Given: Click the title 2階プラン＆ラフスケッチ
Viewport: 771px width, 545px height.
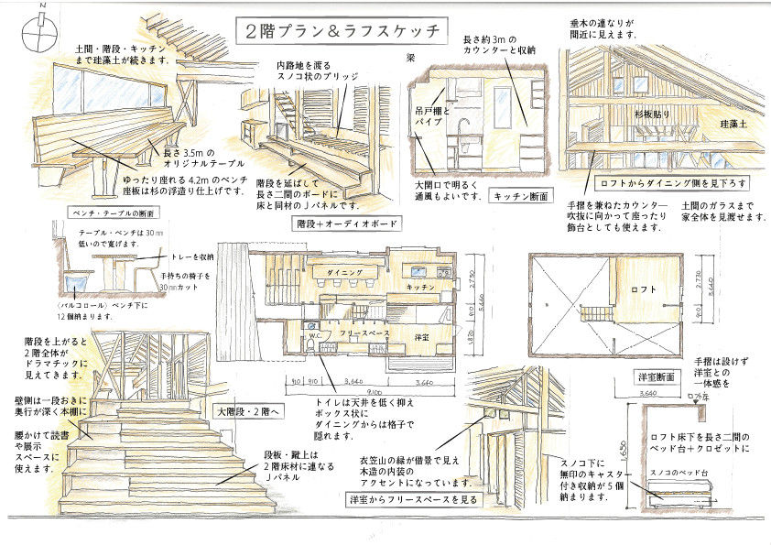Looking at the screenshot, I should click(340, 30).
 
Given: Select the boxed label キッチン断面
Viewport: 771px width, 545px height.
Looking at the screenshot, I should click(520, 196).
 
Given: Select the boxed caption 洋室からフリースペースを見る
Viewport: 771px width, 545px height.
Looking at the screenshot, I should click(413, 500).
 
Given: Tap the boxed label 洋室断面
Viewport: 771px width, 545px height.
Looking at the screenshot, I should click(656, 376).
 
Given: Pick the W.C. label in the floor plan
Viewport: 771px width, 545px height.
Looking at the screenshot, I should click(313, 335).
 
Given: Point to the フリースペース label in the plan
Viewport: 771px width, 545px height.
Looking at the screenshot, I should click(365, 333).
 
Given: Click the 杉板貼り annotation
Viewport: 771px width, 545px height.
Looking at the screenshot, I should click(654, 115).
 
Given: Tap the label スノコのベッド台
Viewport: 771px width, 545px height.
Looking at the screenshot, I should click(679, 473).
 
